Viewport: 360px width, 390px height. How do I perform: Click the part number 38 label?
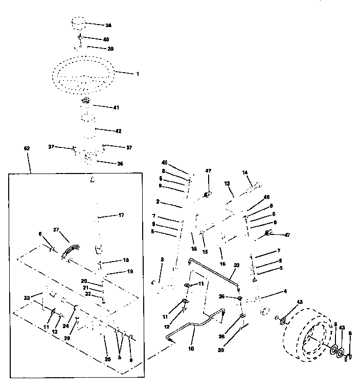[x=108, y=25]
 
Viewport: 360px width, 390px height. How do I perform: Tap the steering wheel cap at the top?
[x=79, y=25]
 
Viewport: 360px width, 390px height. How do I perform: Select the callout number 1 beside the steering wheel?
[x=138, y=74]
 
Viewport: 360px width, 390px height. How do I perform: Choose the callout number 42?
[x=118, y=131]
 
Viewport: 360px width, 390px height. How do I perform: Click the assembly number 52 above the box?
[x=27, y=148]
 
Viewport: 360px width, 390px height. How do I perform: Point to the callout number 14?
[x=244, y=173]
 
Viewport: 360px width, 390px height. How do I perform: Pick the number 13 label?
[x=227, y=183]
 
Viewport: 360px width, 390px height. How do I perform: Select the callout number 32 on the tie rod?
[x=236, y=266]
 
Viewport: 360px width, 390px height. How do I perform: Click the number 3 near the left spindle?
[x=162, y=260]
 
